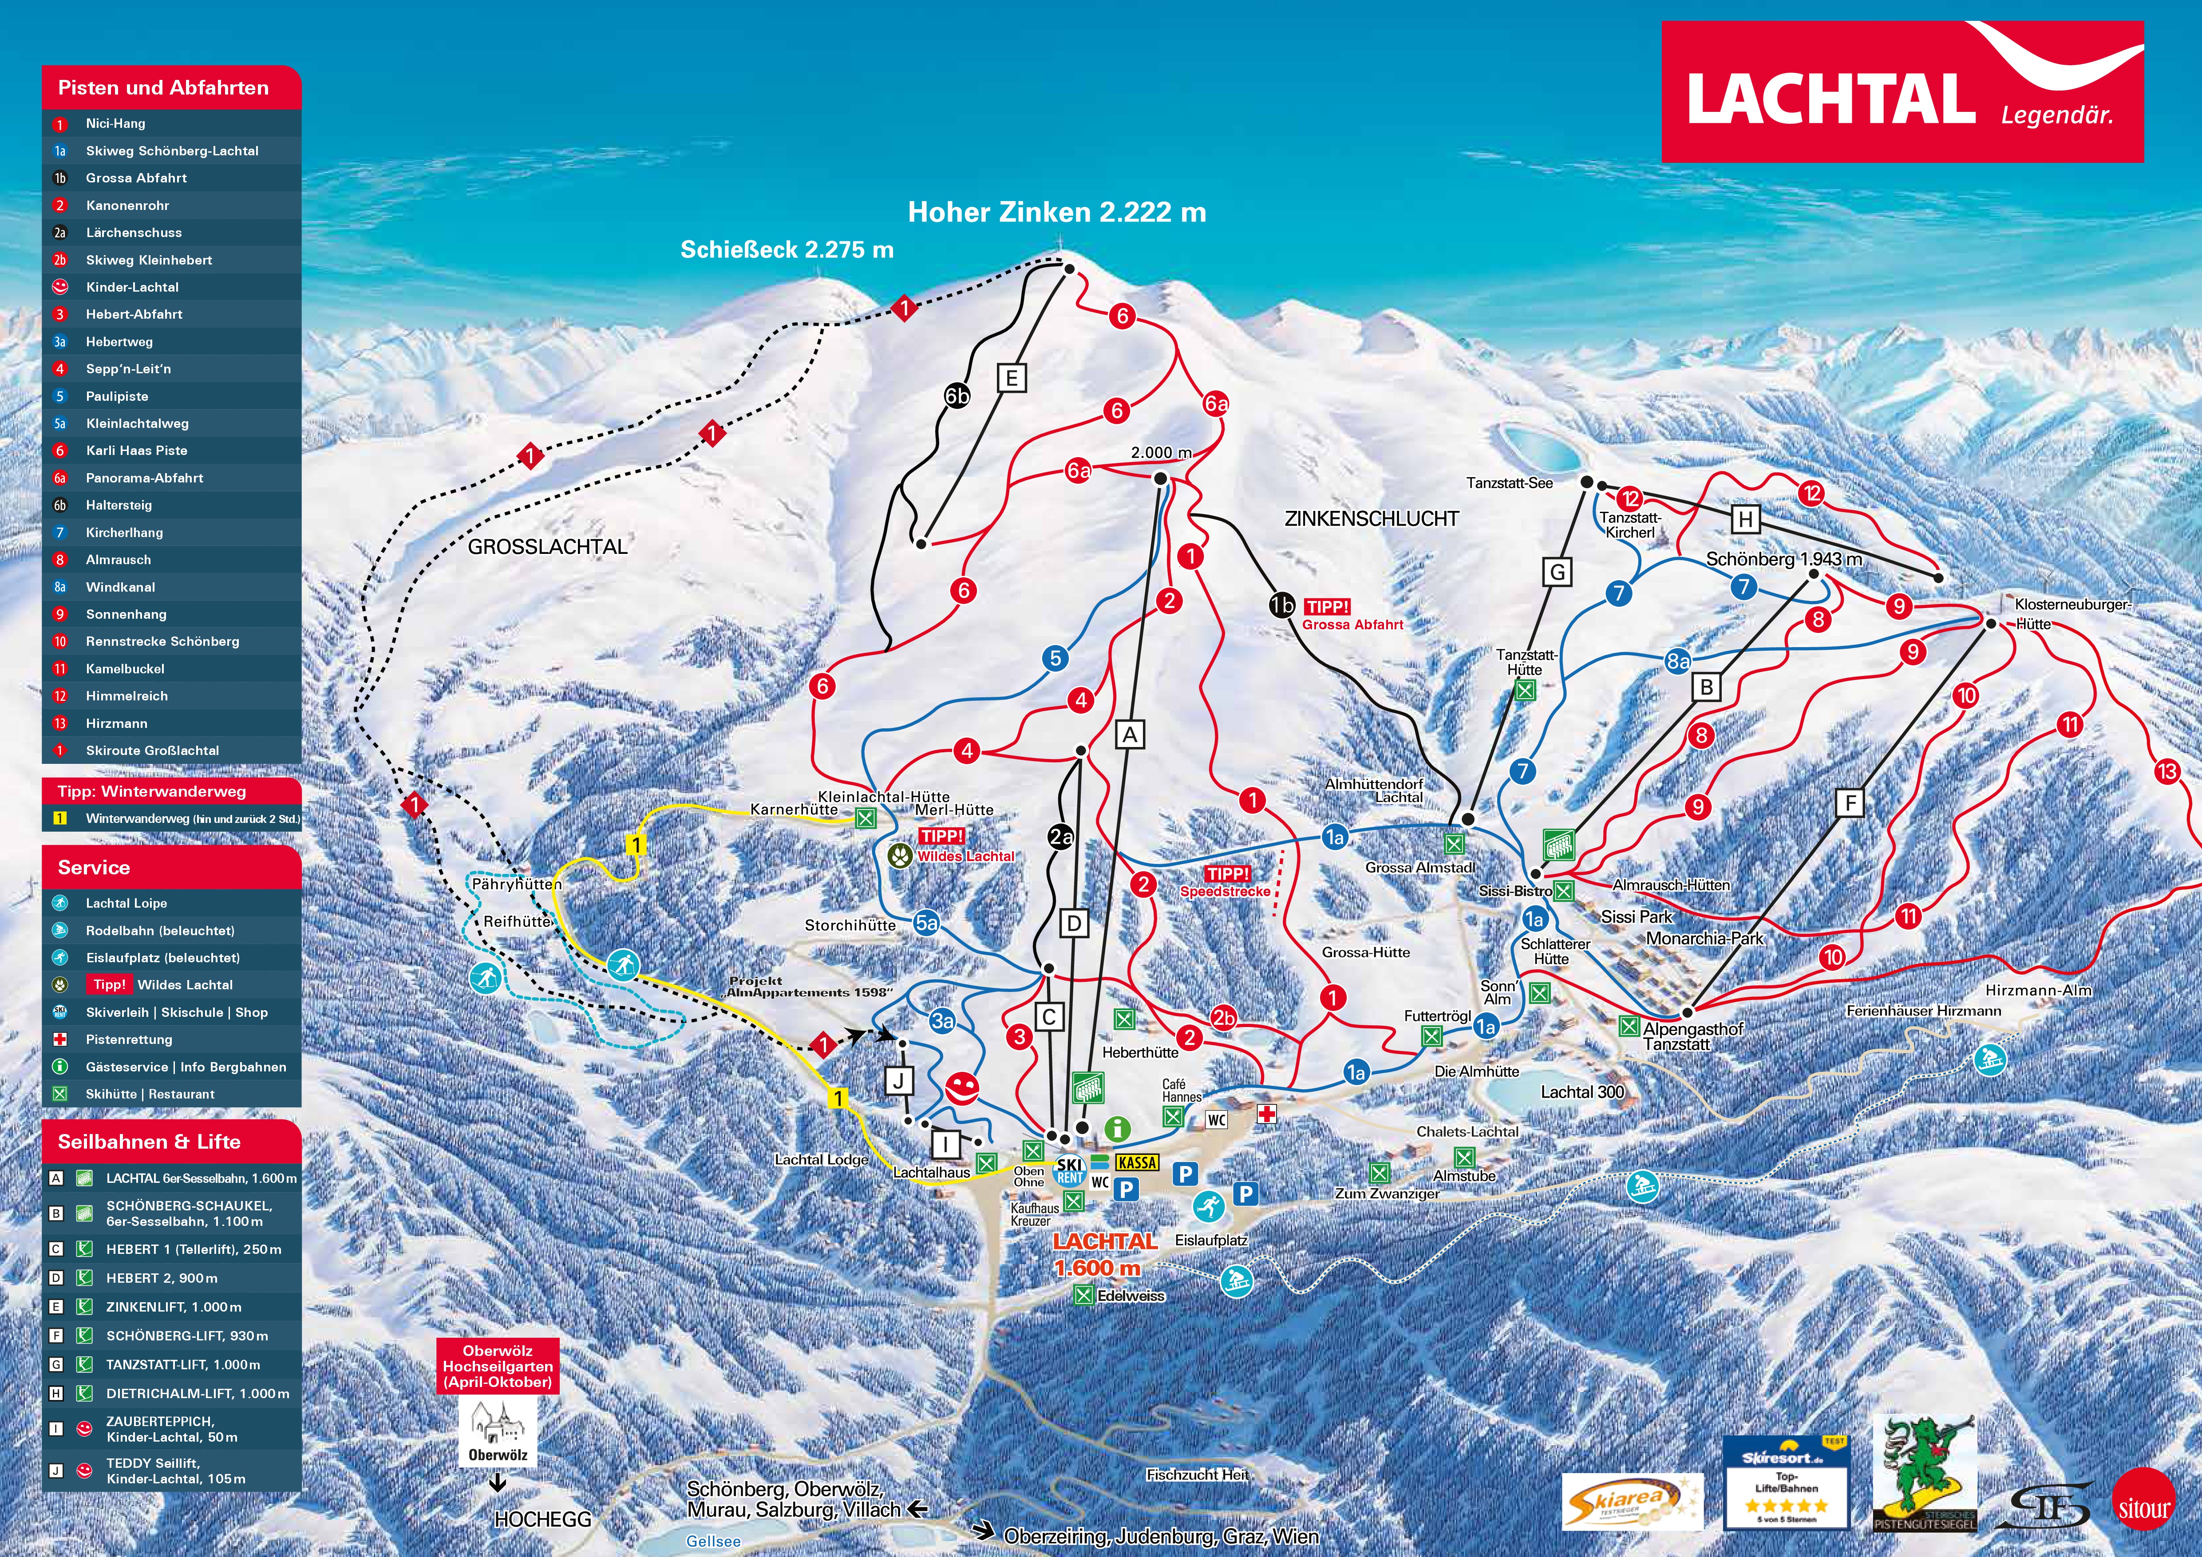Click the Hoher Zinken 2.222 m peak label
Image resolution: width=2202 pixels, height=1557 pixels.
1057,213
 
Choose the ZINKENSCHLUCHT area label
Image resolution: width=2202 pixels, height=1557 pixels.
1372,519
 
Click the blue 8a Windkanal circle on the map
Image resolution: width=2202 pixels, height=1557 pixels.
1677,660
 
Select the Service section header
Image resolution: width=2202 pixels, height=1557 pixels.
94,868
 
